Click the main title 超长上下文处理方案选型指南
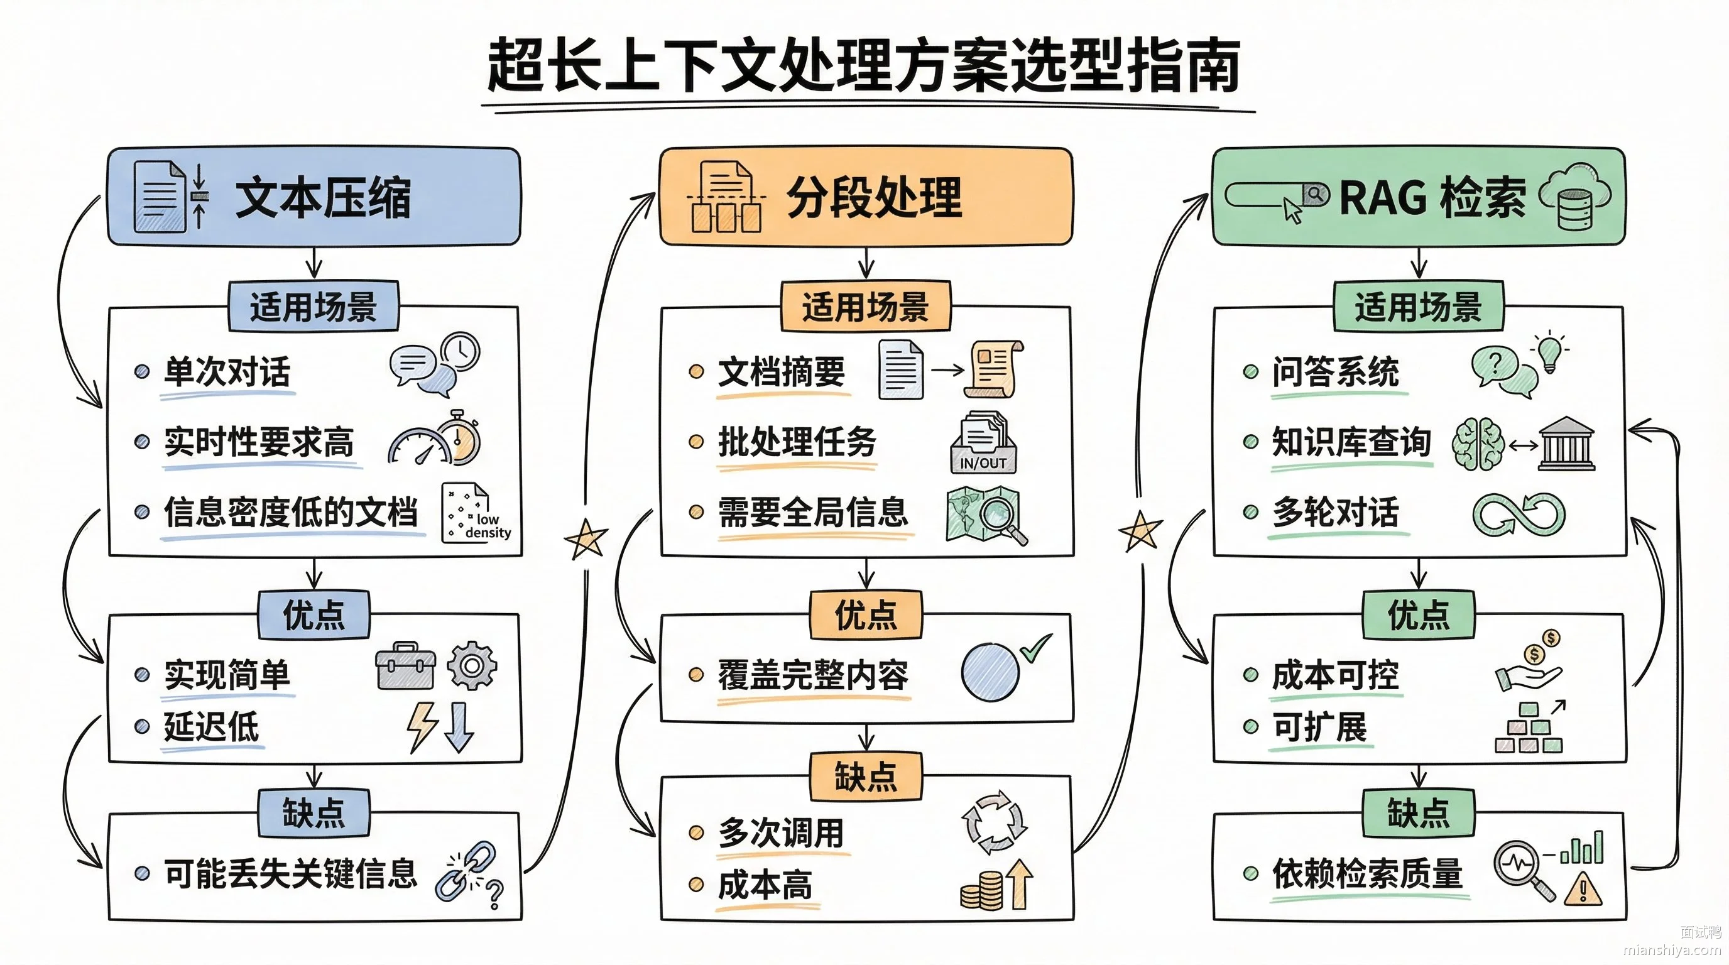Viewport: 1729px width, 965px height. click(863, 65)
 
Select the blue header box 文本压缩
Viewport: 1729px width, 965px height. click(314, 197)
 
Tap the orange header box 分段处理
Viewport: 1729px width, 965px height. click(866, 197)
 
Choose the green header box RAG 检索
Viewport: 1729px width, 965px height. click(1418, 197)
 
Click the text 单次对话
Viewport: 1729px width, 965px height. click(227, 371)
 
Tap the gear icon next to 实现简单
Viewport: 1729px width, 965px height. click(472, 666)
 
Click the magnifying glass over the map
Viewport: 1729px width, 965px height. click(1001, 520)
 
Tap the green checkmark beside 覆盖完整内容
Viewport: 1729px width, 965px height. click(1035, 648)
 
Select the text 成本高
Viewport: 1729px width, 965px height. click(765, 885)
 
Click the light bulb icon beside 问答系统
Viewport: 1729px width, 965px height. click(1549, 352)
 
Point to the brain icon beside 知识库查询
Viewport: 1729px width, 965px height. click(1478, 444)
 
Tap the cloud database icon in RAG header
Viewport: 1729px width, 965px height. click(1574, 196)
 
